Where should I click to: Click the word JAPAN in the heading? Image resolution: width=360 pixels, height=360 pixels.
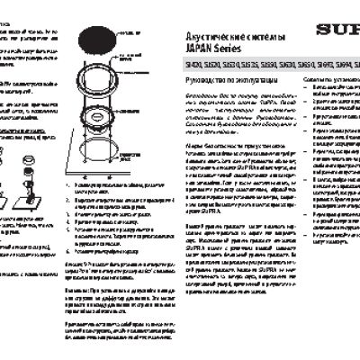pyautogui.click(x=184, y=45)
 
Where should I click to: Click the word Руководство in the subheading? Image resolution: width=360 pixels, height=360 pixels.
pyautogui.click(x=193, y=84)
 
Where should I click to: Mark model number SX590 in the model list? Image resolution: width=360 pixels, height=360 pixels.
pyautogui.click(x=256, y=66)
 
